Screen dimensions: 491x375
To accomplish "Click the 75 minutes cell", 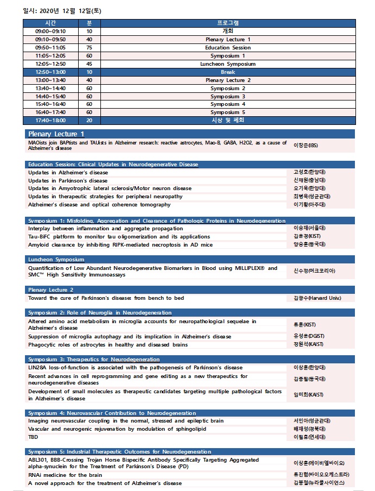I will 89,48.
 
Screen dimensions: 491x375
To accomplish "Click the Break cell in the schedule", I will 228,72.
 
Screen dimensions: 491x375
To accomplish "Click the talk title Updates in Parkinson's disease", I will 68,181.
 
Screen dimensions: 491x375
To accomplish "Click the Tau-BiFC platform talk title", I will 119,237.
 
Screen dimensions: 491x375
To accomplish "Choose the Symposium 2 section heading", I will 100,313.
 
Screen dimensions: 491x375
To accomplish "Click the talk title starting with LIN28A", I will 135,368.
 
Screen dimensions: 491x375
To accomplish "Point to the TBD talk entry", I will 33,437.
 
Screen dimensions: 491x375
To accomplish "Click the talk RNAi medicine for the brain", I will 65,475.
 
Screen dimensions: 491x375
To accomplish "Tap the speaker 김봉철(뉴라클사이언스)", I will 318,483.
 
